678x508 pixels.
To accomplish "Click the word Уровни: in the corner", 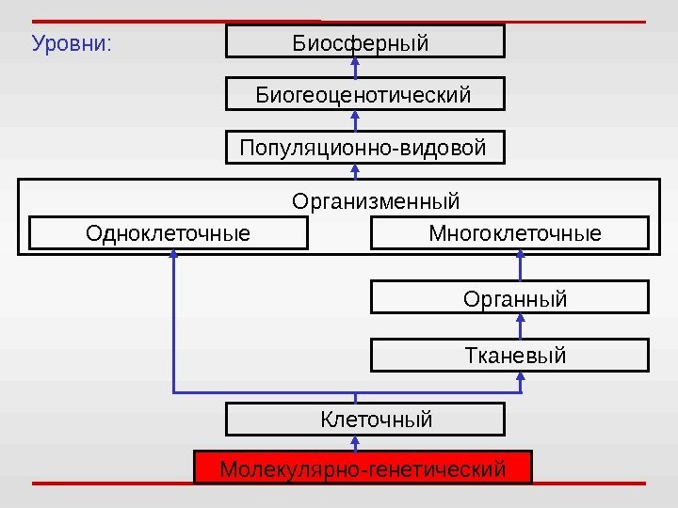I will tap(72, 43).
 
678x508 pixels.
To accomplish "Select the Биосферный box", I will tap(365, 42).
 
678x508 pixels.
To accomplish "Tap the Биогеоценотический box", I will tap(365, 95).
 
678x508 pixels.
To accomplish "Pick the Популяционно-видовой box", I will tap(365, 149).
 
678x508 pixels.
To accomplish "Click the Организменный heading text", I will tap(376, 201).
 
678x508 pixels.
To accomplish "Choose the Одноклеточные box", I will tap(169, 232).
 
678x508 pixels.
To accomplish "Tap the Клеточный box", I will tap(365, 419).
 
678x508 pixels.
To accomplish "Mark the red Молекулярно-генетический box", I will tap(363, 468).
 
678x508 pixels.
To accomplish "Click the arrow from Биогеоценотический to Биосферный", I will tap(356, 68).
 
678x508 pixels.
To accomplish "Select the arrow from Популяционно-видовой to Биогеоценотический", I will tap(356, 121).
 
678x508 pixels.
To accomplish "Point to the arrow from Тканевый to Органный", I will tap(521, 326).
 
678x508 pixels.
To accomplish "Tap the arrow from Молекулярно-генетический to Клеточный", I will tap(356, 443).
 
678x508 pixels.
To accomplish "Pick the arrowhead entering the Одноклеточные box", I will tap(174, 255).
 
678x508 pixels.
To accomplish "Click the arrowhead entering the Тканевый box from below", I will tap(521, 375).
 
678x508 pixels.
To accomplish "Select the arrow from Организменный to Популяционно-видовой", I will tap(356, 170).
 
